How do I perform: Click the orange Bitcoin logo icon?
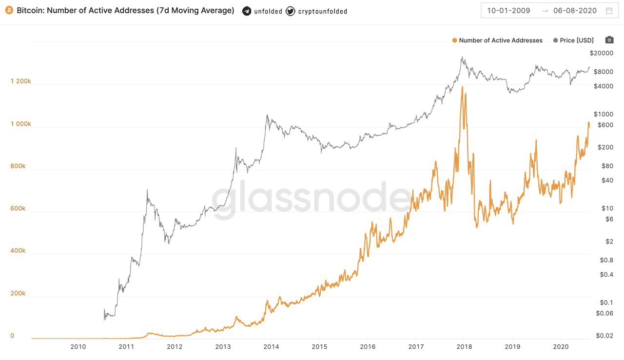point(9,11)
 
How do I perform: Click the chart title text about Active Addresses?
point(125,11)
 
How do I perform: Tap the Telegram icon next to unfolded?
point(247,11)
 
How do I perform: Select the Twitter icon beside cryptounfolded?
point(290,11)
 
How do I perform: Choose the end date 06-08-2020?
point(575,11)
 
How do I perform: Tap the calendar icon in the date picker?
point(609,11)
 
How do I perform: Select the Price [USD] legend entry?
point(573,40)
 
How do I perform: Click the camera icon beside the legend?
point(609,40)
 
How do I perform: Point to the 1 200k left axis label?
point(21,81)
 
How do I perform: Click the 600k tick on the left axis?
point(18,209)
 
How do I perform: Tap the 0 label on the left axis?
point(13,336)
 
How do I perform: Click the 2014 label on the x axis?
point(271,347)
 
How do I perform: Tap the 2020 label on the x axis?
point(560,347)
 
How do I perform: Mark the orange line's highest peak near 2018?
point(462,87)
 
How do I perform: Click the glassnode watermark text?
point(312,200)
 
